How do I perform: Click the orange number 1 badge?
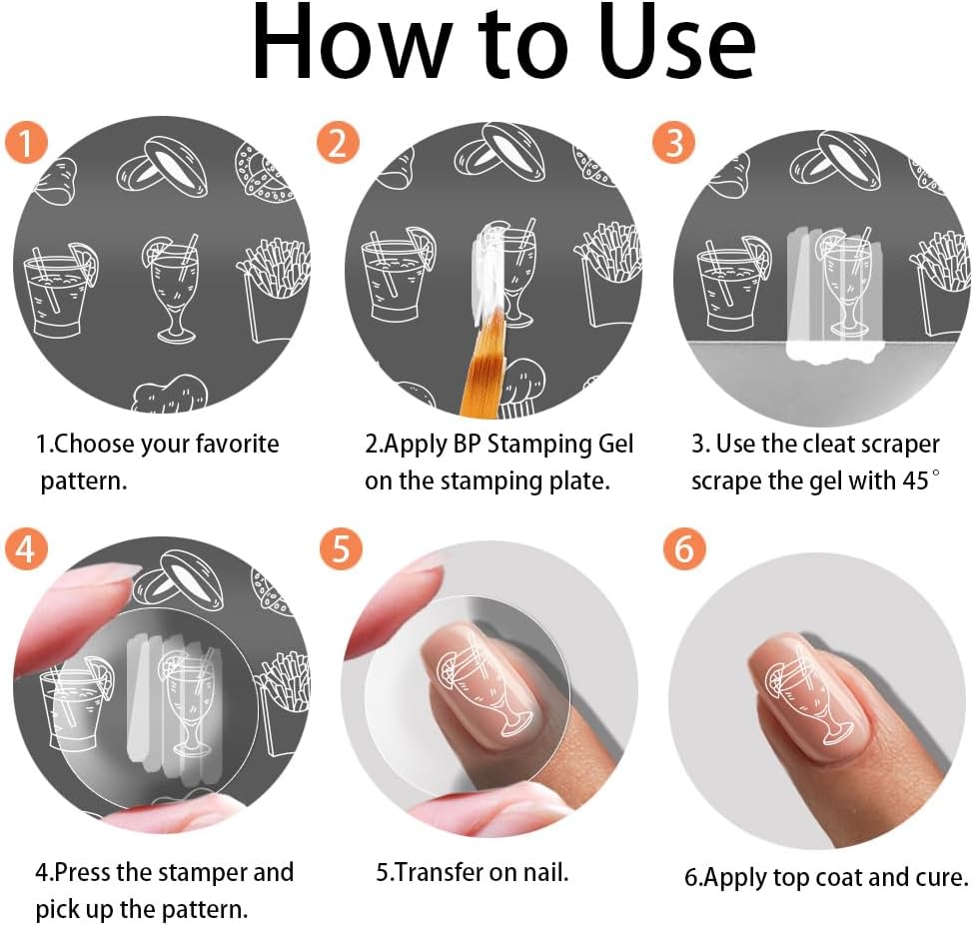click(26, 143)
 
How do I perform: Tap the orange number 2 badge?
click(338, 143)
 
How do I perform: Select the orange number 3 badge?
click(673, 143)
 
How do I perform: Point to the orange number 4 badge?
click(26, 548)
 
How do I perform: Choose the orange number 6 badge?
click(684, 548)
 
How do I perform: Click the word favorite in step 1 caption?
click(237, 444)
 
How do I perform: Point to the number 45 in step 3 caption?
click(915, 481)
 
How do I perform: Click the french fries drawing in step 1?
click(274, 290)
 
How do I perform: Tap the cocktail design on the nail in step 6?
click(808, 692)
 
